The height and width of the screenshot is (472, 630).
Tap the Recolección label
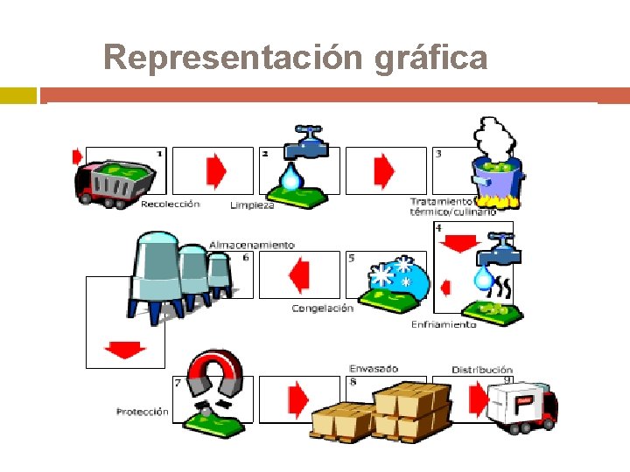click(x=170, y=204)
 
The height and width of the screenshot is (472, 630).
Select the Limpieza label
click(x=252, y=205)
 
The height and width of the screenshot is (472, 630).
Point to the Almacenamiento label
click(x=252, y=245)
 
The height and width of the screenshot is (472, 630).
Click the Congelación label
click(x=322, y=308)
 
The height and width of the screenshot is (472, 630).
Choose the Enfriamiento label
click(x=444, y=324)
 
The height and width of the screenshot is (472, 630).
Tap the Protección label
click(x=143, y=411)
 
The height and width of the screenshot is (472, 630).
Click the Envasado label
click(x=374, y=369)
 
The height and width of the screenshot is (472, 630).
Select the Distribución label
click(x=482, y=370)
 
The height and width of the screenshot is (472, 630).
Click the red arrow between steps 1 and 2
click(x=215, y=171)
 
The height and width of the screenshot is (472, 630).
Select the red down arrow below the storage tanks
click(x=124, y=350)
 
